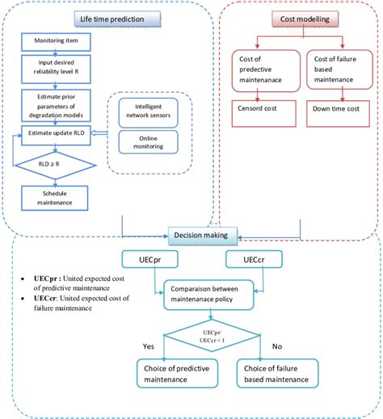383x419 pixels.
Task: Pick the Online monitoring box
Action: [147, 142]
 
